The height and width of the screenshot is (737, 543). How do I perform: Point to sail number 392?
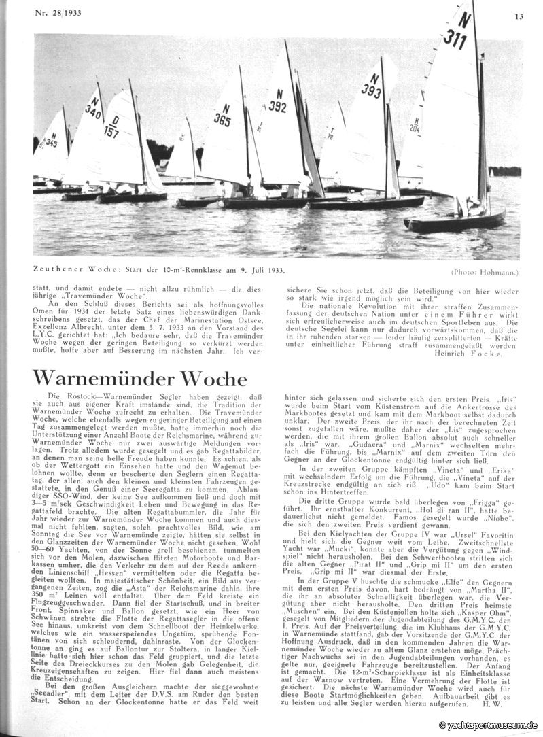(x=277, y=106)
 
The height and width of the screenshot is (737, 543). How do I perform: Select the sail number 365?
(x=222, y=120)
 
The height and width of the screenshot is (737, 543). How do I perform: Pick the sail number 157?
(x=111, y=130)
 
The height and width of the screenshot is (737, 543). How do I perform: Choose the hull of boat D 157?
(x=133, y=197)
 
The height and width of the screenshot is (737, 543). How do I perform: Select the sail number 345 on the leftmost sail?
(x=50, y=143)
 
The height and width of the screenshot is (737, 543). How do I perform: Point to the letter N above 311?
(x=464, y=18)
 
